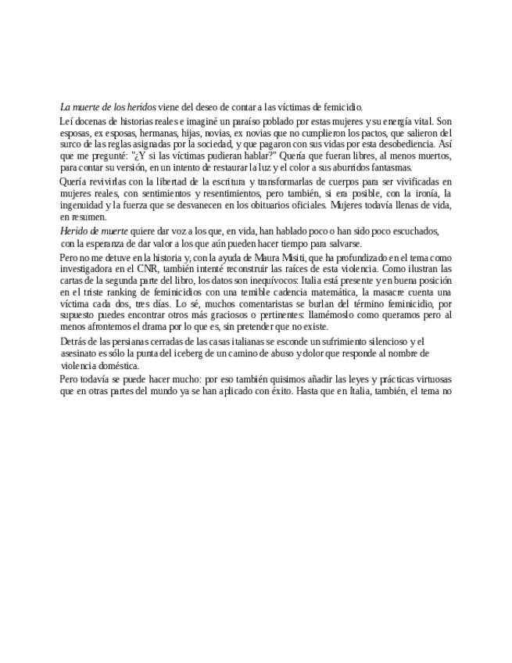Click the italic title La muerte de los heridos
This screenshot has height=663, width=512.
pos(108,106)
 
